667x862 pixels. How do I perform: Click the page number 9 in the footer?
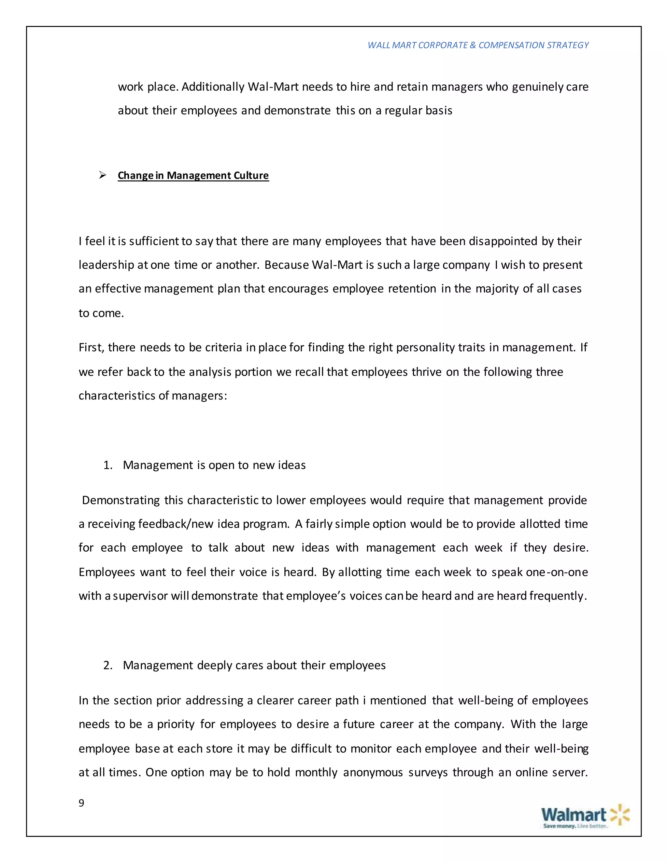coord(81,803)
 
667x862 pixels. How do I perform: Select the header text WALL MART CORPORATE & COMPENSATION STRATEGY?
coord(478,45)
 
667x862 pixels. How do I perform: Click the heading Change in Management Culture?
coord(193,175)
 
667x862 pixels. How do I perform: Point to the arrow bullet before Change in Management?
coord(103,175)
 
